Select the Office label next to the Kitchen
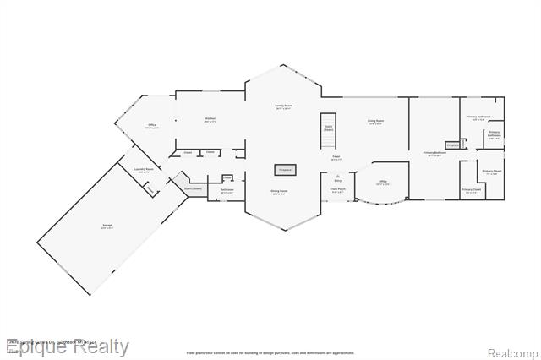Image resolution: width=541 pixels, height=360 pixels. pos(153,126)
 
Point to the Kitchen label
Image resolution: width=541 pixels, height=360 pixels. pos(210,120)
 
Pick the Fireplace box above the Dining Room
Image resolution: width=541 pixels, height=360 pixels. pos(284,170)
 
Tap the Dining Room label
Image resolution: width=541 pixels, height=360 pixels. pos(280,192)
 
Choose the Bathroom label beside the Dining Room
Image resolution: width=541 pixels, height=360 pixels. pos(227,191)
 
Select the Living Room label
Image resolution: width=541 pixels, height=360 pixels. pos(375,123)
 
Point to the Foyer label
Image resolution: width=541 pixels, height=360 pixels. pos(336,158)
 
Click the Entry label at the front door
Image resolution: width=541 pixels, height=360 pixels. pos(338,180)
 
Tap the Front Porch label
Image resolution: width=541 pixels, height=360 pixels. pos(337,191)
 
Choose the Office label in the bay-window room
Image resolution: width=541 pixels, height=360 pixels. pos(382,183)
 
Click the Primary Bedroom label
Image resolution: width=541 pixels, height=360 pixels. pos(434,154)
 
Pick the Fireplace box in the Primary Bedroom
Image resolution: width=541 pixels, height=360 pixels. pos(452,145)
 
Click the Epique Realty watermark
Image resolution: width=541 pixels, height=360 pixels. pos(68,346)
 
